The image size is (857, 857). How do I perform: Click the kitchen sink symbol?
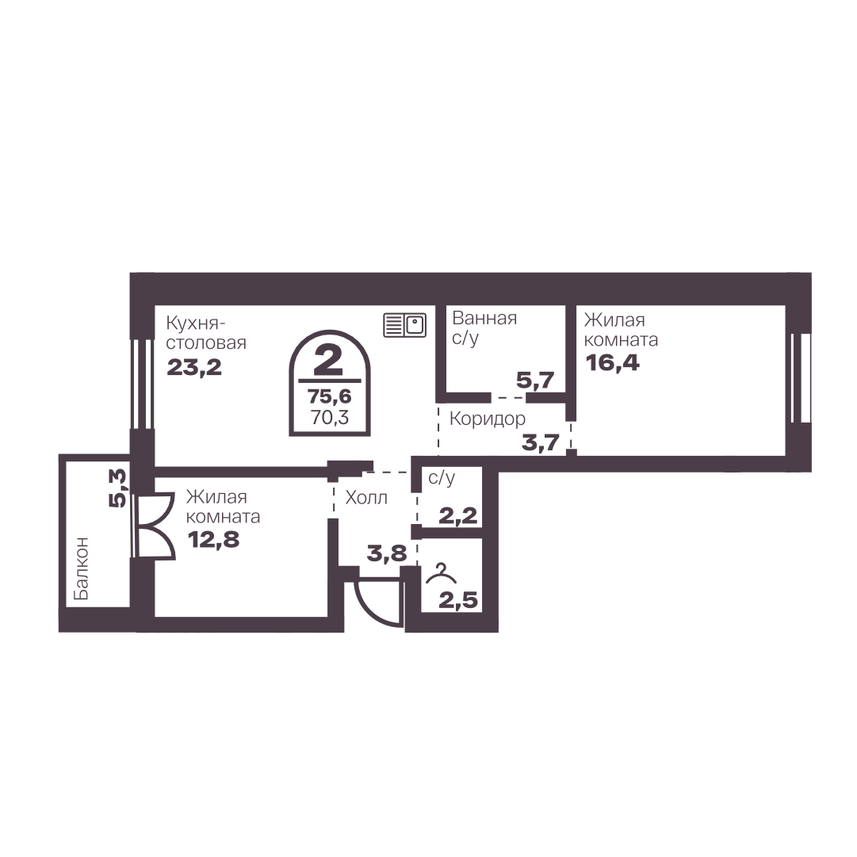(x=404, y=325)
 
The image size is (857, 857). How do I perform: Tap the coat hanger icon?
(x=441, y=574)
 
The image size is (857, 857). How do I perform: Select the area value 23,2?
(x=194, y=367)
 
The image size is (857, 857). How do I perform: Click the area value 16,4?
(x=612, y=362)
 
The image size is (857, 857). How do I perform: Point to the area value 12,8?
(x=214, y=540)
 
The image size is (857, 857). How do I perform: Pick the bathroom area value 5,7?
(x=536, y=380)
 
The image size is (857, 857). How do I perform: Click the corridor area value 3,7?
(x=541, y=442)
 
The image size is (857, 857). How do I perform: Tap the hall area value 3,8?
(x=387, y=553)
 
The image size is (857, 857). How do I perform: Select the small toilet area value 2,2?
(x=458, y=515)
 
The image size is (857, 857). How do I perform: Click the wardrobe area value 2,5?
(x=458, y=601)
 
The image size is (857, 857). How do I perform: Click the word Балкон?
(x=80, y=568)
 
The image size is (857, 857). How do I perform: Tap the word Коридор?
(x=488, y=419)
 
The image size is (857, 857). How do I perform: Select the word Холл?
(x=367, y=497)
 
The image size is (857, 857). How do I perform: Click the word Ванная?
(x=485, y=318)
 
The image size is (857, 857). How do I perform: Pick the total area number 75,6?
(x=329, y=396)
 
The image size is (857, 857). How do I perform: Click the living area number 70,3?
(x=330, y=418)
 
